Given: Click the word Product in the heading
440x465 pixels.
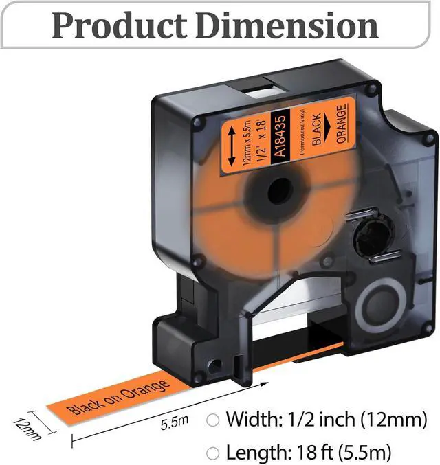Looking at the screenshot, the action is (120, 26).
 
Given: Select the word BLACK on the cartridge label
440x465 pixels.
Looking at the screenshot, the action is (317, 129).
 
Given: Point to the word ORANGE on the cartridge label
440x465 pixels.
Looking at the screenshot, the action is (342, 124).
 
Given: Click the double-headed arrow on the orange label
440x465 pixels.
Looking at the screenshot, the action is (232, 146).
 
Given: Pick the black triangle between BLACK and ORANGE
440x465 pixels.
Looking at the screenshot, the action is (327, 128).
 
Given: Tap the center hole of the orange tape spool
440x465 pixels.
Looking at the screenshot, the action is (280, 191).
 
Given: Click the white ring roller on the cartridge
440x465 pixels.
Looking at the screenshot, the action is (381, 308).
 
